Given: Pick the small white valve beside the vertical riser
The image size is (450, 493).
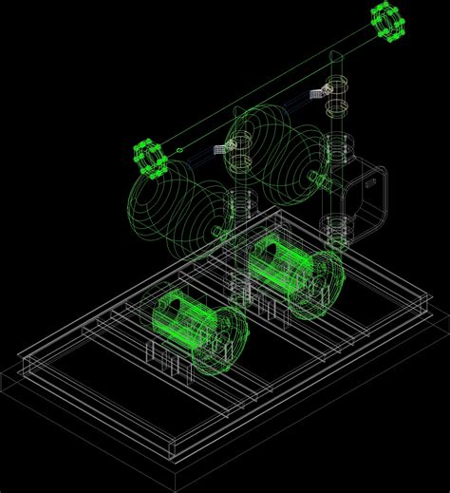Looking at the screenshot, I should (x=320, y=92).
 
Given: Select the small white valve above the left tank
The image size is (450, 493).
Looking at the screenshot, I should (x=224, y=147).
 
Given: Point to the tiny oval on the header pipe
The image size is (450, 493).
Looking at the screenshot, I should (x=179, y=149).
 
